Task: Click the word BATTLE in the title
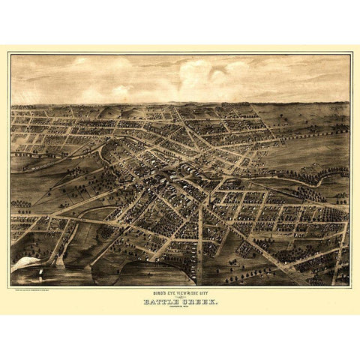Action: coord(162,302)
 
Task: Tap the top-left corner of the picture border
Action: coord(10,53)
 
